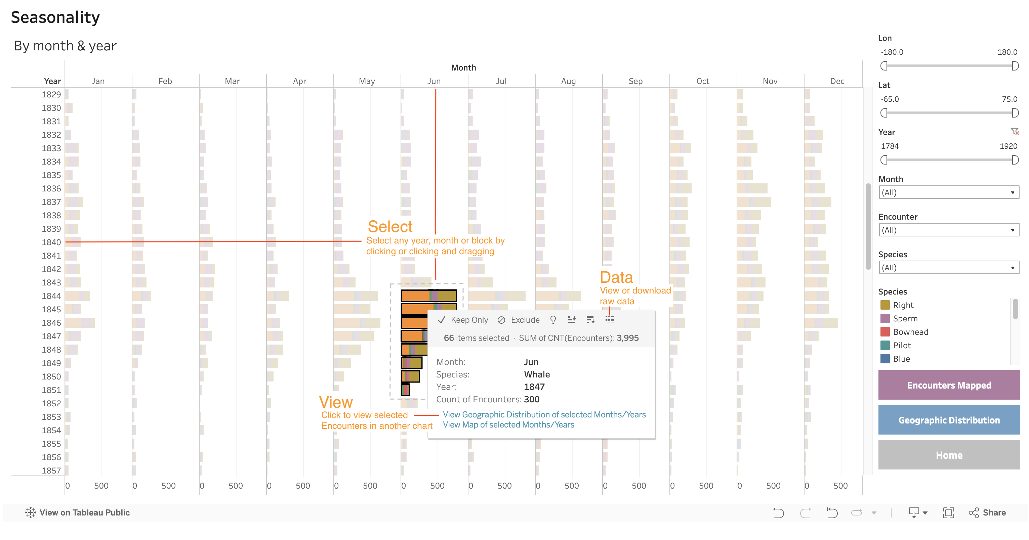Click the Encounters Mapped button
[949, 385]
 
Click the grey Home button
[949, 455]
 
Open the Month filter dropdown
[949, 192]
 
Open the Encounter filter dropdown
[949, 230]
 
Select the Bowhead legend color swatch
[885, 332]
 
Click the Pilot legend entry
[902, 345]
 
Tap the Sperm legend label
[905, 318]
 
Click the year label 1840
[51, 242]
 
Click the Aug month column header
[568, 81]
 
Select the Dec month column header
[837, 81]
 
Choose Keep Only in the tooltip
[463, 320]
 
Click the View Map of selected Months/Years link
[508, 425]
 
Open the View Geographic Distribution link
[544, 415]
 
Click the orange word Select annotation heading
[390, 227]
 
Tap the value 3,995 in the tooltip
[627, 338]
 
